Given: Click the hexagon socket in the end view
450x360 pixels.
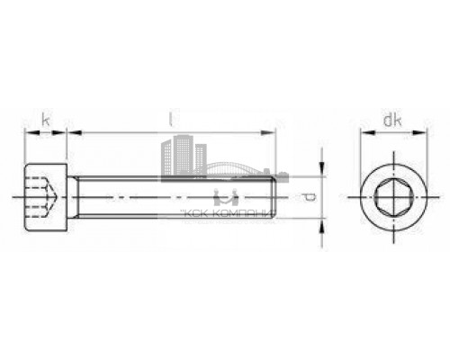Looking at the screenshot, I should pyautogui.click(x=393, y=195).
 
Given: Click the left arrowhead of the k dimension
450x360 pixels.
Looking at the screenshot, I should pyautogui.click(x=27, y=132).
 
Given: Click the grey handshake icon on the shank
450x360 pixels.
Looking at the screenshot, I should pyautogui.click(x=224, y=197).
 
